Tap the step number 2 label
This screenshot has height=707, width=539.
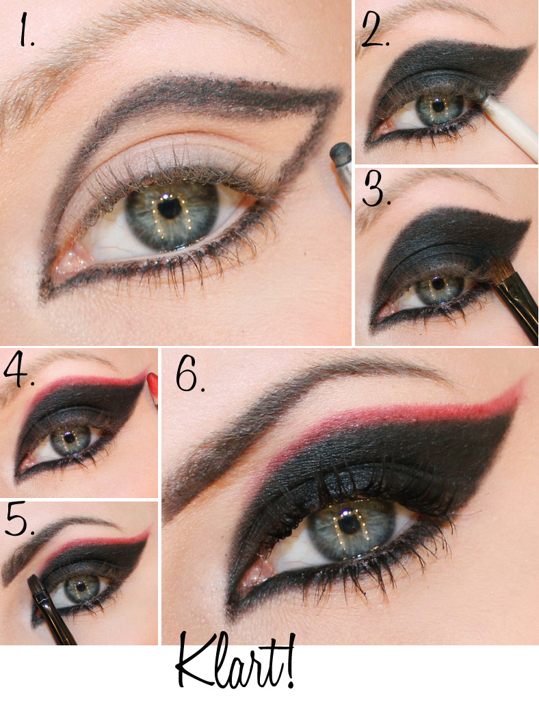coord(374,30)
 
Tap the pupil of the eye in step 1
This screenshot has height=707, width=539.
coord(170,208)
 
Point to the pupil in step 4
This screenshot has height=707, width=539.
coord(69,438)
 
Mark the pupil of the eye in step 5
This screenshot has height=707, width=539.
coord(81,586)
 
